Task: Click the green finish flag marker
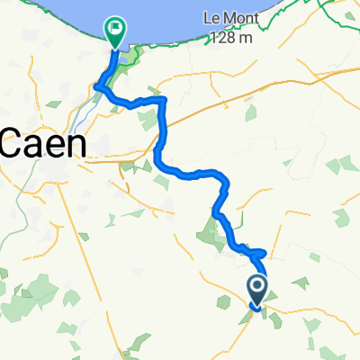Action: click(116, 31)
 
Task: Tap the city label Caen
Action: click(42, 143)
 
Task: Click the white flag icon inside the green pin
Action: click(116, 29)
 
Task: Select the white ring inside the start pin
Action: click(256, 287)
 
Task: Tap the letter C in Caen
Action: click(13, 143)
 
